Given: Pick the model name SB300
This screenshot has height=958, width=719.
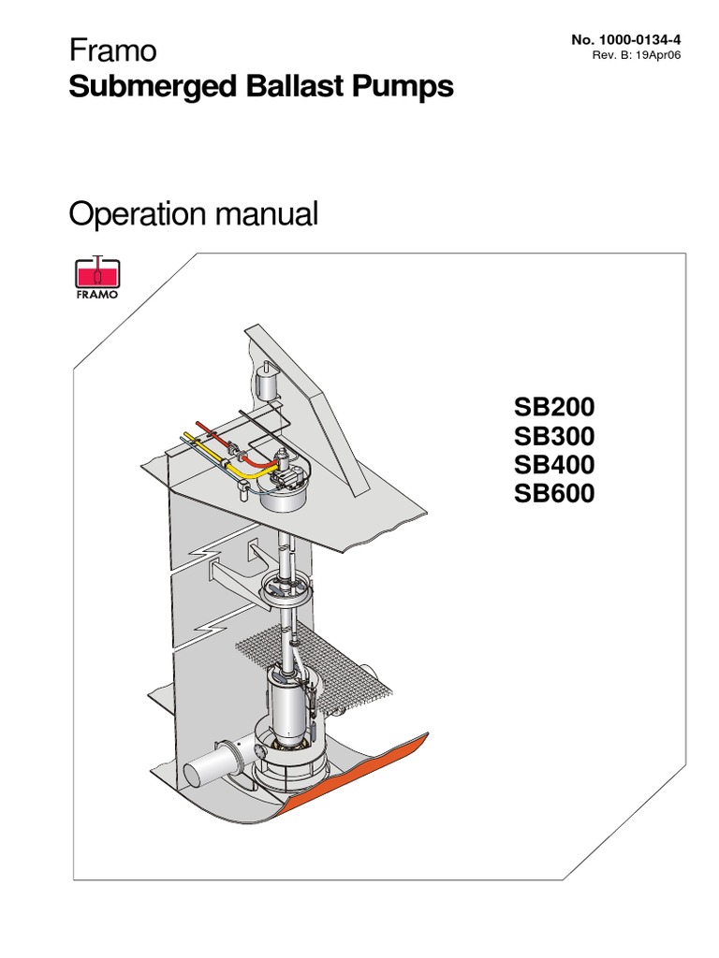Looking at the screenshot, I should [553, 436].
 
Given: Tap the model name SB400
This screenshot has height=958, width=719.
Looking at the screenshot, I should [553, 464].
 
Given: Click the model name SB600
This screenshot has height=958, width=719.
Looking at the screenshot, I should [553, 492].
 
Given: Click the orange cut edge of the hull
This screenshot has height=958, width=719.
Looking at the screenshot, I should [365, 786].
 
